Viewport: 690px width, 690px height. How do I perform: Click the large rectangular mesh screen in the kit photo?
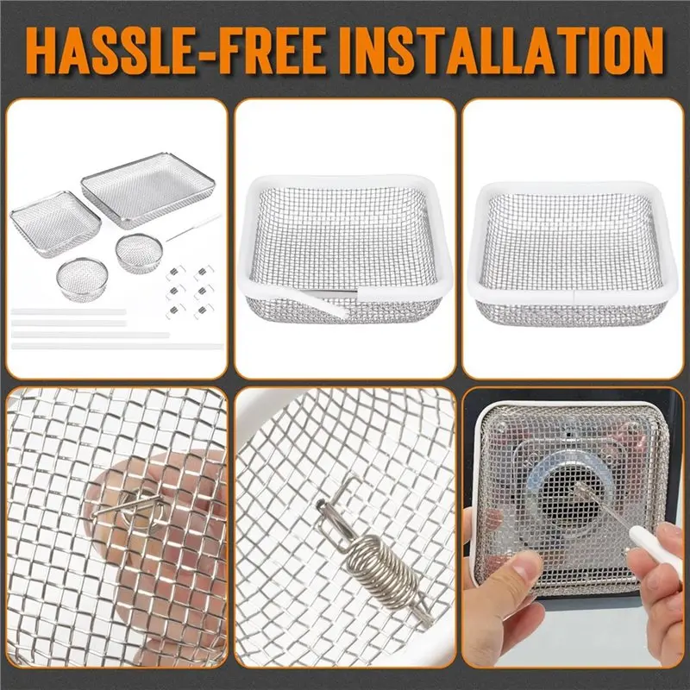[x=148, y=190]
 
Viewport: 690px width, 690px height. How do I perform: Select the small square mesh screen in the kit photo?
[x=55, y=223]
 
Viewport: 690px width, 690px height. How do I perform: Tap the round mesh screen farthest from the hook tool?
[x=82, y=278]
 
